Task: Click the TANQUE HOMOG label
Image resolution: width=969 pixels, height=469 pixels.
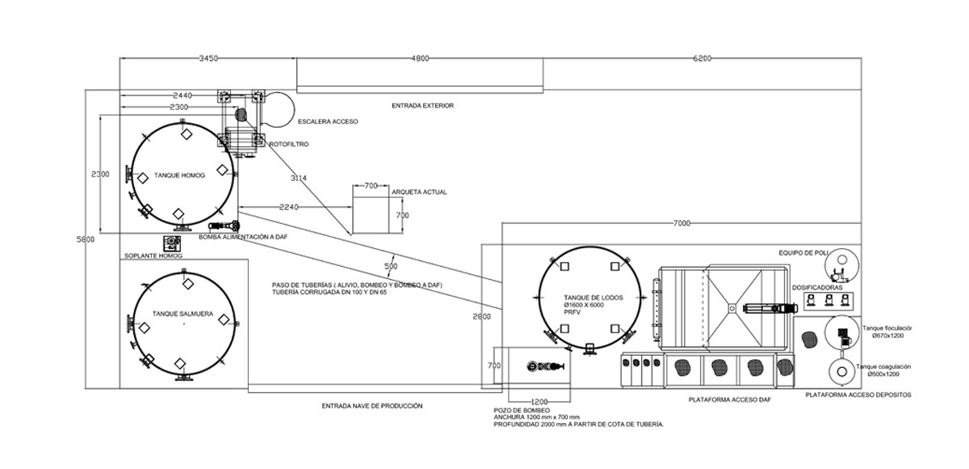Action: (x=179, y=175)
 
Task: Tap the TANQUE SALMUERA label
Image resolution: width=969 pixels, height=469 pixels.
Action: (x=182, y=314)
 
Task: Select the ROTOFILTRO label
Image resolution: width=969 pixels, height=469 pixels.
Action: (x=289, y=144)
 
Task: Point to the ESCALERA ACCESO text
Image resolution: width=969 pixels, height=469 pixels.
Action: (x=328, y=121)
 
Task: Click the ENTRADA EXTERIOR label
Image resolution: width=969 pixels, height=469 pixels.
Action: (x=422, y=106)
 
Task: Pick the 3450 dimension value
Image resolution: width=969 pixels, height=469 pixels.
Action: (x=208, y=58)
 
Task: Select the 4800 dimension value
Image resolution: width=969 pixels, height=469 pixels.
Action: (x=420, y=58)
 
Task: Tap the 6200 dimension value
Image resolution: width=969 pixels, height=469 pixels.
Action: (x=702, y=58)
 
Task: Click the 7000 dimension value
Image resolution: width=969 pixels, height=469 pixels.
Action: (x=682, y=223)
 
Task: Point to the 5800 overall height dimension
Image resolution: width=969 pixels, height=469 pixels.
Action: (x=86, y=239)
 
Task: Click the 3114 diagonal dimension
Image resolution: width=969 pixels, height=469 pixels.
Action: (x=299, y=178)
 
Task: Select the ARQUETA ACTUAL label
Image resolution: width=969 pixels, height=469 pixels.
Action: (x=419, y=192)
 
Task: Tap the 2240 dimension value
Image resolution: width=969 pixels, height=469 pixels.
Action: (x=288, y=208)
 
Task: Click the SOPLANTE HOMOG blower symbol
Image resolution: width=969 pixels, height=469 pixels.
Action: (x=172, y=243)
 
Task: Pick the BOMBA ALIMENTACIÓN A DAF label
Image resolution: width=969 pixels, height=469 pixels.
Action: (x=243, y=237)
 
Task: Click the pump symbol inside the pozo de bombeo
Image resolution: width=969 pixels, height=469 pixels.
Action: (x=546, y=366)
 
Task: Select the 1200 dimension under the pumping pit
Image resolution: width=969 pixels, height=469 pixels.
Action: (x=539, y=402)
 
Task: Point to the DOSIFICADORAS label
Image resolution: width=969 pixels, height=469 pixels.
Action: (x=817, y=288)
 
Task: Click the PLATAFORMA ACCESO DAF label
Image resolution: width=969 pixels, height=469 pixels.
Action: (x=730, y=400)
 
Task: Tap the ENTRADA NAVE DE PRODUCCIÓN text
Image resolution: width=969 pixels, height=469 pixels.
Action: (x=372, y=406)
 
